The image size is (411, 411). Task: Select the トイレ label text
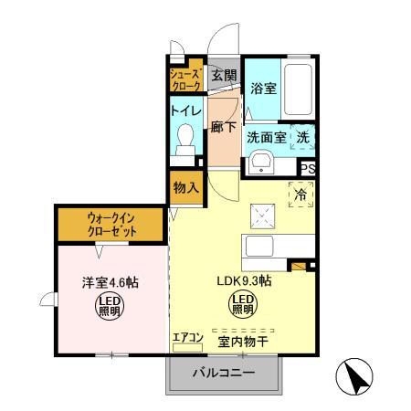184,110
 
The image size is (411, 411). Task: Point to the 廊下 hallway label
222,128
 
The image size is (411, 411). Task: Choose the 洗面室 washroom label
267,137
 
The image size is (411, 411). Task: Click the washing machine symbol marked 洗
301,135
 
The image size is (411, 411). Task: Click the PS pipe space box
308,167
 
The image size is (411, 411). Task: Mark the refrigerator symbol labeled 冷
300,193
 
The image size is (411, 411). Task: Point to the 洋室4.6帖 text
94,282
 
